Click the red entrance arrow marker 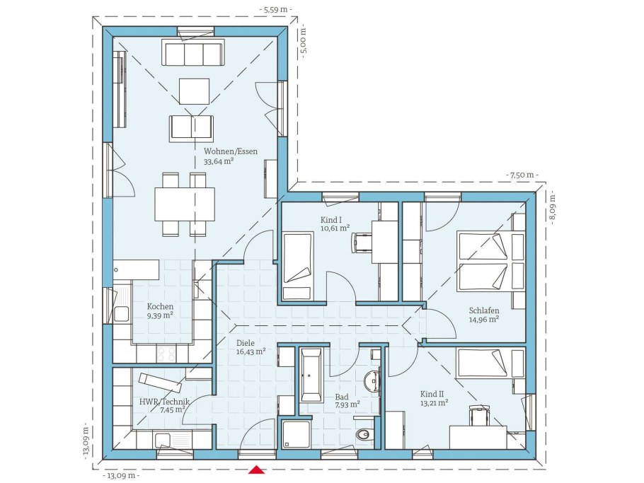(x=256, y=470)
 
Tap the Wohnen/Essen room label (x=231, y=151)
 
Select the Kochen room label (x=160, y=306)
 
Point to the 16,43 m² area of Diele (x=251, y=351)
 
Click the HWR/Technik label (x=164, y=402)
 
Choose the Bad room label (x=342, y=397)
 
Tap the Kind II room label (x=432, y=394)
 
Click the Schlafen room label (x=484, y=310)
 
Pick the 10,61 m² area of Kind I (x=335, y=228)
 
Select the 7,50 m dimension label (x=522, y=175)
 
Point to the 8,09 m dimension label (x=553, y=208)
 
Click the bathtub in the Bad (x=311, y=375)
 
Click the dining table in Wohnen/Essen (x=185, y=204)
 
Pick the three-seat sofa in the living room (x=193, y=52)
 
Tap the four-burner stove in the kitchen (x=167, y=354)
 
